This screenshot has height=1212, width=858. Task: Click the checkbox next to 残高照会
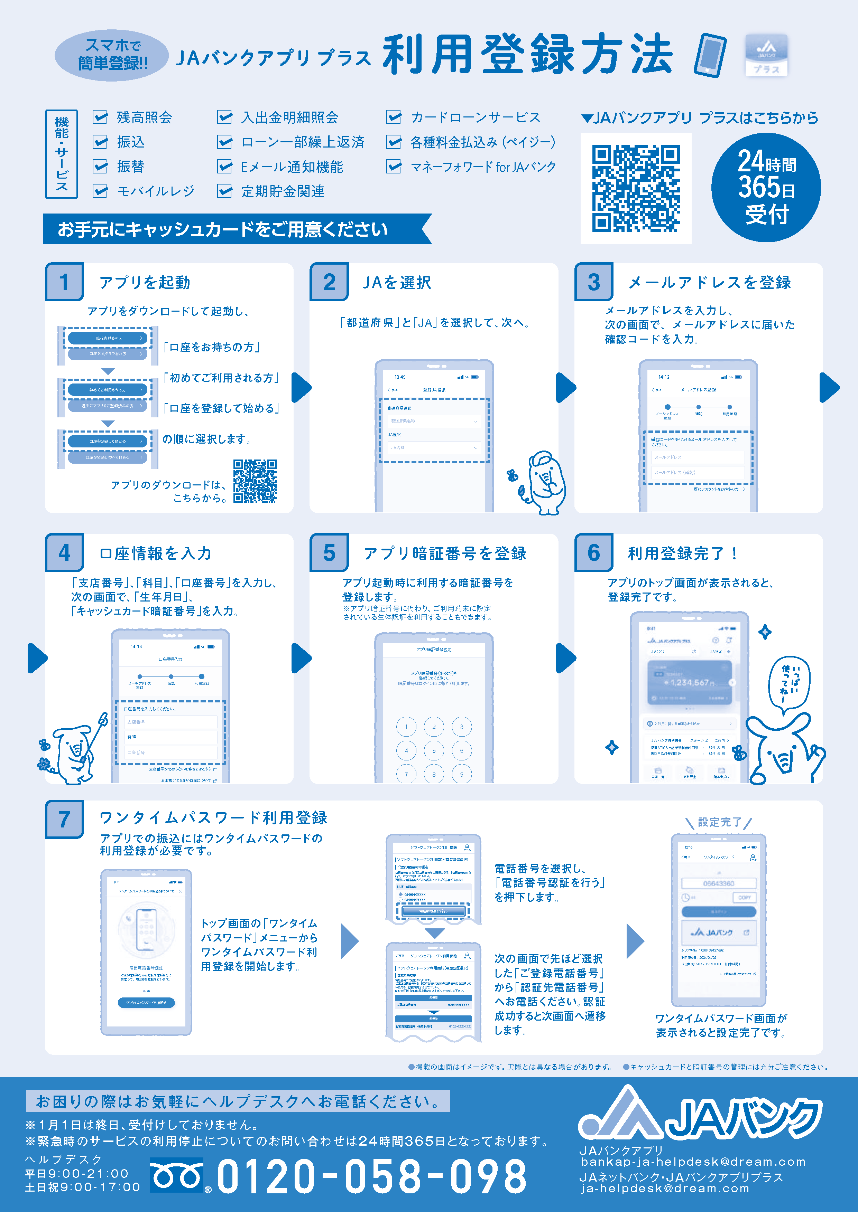click(100, 117)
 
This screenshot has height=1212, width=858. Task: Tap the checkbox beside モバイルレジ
click(100, 191)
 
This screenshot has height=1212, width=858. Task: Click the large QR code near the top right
click(636, 188)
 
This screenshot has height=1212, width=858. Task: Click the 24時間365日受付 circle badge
click(766, 187)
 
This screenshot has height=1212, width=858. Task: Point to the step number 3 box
click(594, 282)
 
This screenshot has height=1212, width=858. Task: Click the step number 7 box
click(64, 819)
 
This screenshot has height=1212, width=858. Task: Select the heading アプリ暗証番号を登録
click(445, 553)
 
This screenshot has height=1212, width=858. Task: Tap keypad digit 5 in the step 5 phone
click(434, 750)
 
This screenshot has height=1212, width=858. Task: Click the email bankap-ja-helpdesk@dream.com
click(693, 1162)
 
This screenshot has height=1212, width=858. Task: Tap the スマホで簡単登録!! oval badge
click(112, 55)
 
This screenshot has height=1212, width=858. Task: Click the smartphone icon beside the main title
click(710, 55)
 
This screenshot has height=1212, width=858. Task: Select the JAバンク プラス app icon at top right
click(766, 55)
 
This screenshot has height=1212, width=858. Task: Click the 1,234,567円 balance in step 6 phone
click(692, 683)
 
